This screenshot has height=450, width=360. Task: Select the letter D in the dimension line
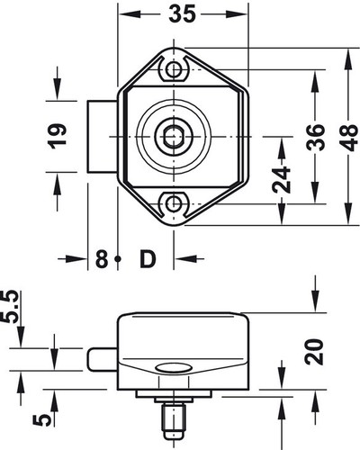click(x=148, y=260)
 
